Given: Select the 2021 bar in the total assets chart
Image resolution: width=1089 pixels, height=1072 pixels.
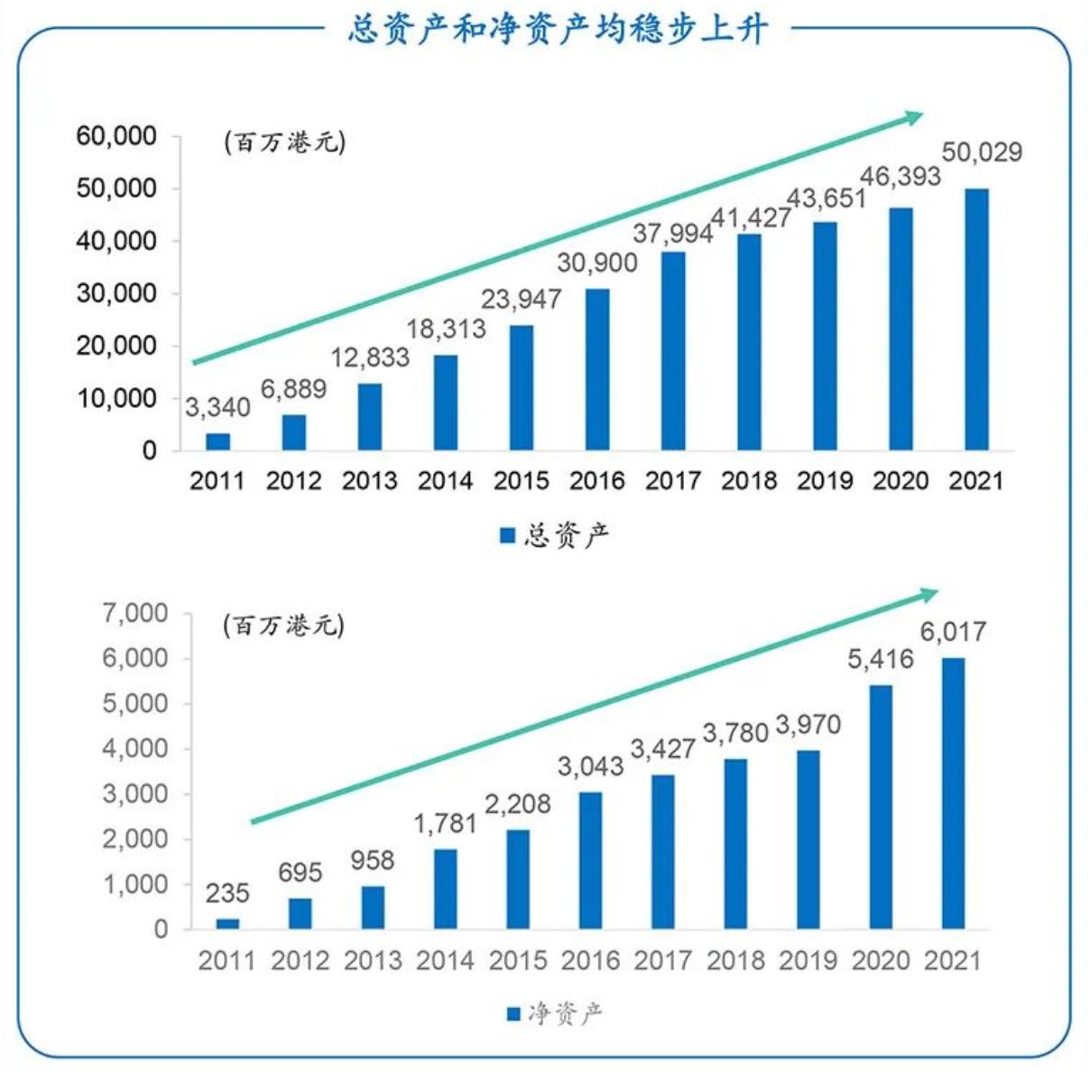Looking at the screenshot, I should [976, 319].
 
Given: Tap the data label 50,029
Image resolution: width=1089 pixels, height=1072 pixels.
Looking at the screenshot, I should [982, 152].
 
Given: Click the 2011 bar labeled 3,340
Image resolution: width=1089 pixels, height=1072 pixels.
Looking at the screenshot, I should [217, 441].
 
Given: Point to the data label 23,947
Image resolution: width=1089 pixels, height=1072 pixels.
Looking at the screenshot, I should [521, 299].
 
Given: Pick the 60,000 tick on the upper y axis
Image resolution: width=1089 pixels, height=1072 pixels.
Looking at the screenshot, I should [116, 136].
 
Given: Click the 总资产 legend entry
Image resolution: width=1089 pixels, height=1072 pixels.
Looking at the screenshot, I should [555, 535].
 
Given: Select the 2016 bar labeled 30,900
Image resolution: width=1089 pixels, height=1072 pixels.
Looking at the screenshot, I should [597, 369].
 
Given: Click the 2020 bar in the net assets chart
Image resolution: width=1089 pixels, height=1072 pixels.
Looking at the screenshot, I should [881, 807].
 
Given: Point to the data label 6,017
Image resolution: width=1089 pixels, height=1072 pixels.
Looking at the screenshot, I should [953, 632].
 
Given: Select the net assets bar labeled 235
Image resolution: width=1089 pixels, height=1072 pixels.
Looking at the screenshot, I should [227, 923].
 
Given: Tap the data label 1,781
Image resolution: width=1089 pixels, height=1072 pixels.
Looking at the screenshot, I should [445, 824].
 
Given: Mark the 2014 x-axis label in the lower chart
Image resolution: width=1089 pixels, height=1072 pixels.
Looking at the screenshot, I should [445, 960].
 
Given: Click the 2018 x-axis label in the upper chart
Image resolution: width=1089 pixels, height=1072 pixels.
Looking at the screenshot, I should [749, 480].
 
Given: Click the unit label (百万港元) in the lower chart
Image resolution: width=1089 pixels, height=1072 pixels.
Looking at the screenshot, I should [284, 625].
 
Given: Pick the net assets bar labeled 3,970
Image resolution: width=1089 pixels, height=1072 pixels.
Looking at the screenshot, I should [808, 839].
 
